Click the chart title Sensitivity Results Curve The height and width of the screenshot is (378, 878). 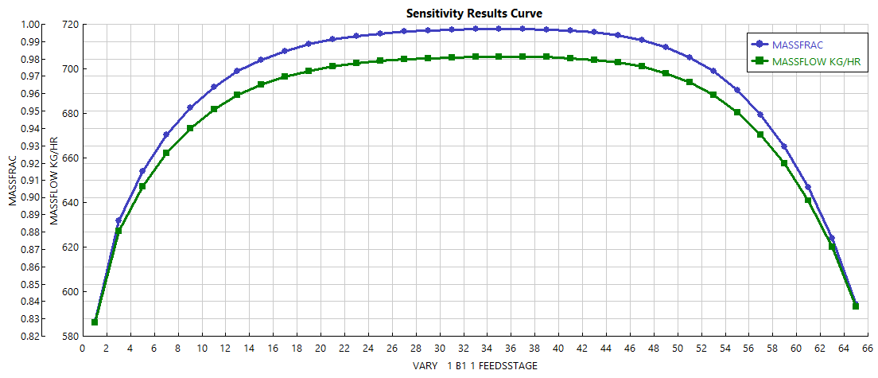coord(474,13)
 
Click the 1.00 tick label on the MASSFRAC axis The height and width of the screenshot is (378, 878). coord(29,24)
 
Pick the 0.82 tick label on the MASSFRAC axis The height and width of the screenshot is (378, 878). coord(29,337)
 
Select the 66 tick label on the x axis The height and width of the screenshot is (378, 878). coord(868,349)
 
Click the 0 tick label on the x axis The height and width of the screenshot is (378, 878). coord(83,349)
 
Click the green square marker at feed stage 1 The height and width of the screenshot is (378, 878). coord(95,322)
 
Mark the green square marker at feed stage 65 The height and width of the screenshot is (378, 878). coord(856,306)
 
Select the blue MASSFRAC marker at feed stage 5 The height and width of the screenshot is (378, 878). coord(142,171)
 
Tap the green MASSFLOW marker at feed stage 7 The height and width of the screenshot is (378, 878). coord(166,153)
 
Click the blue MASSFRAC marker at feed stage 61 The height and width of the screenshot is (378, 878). coord(808,187)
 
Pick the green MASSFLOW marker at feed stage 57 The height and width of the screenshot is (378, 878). coord(760,134)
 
